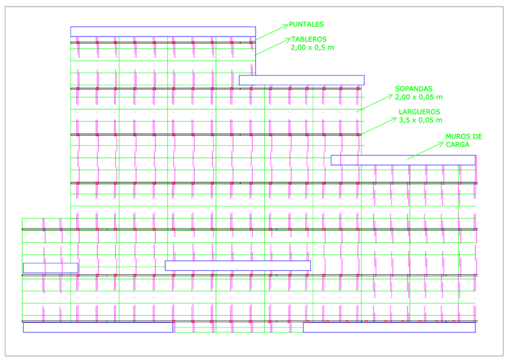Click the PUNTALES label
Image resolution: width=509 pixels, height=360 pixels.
[x=306, y=25]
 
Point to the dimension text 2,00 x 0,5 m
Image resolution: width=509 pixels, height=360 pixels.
[x=313, y=46]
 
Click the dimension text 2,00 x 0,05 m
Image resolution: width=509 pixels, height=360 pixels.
[x=418, y=97]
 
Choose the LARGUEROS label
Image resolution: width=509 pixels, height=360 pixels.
[x=420, y=112]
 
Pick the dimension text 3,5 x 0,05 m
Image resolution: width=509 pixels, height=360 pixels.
[x=420, y=120]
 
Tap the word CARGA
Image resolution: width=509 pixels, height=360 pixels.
[x=457, y=145]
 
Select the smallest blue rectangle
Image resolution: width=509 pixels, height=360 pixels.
[x=50, y=268]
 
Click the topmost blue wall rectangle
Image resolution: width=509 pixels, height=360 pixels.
[x=163, y=31]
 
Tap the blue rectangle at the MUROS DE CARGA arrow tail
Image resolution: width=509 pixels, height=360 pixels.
[x=403, y=160]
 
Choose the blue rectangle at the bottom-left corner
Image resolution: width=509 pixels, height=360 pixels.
[x=98, y=327]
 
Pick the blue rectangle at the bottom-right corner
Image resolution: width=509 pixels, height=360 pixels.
[x=389, y=327]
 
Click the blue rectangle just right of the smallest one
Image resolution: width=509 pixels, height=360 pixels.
[x=238, y=265]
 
